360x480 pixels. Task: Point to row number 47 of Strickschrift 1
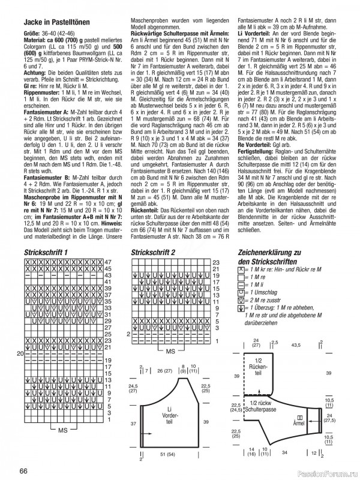[108, 263]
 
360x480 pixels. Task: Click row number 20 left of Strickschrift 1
[20, 354]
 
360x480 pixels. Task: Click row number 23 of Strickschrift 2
[216, 263]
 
